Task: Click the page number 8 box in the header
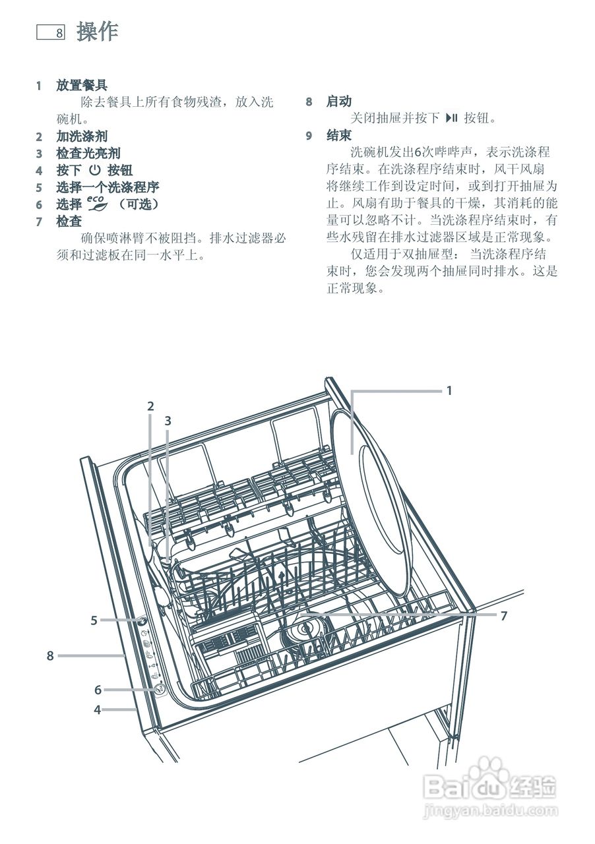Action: [50, 32]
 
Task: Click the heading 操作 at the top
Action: [97, 32]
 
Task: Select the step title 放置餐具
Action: [82, 86]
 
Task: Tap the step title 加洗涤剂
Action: [82, 136]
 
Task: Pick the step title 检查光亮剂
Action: [88, 154]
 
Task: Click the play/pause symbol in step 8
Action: [452, 118]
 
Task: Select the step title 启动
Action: [338, 102]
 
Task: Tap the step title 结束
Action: [338, 135]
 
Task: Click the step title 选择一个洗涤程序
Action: [108, 187]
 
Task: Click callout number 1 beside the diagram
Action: [449, 390]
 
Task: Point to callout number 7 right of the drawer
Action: [503, 616]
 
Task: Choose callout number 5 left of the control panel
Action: [94, 620]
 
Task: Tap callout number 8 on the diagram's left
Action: [49, 655]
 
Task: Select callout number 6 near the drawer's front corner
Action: [98, 690]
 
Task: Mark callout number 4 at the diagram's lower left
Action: [97, 710]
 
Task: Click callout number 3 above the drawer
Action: [168, 420]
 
